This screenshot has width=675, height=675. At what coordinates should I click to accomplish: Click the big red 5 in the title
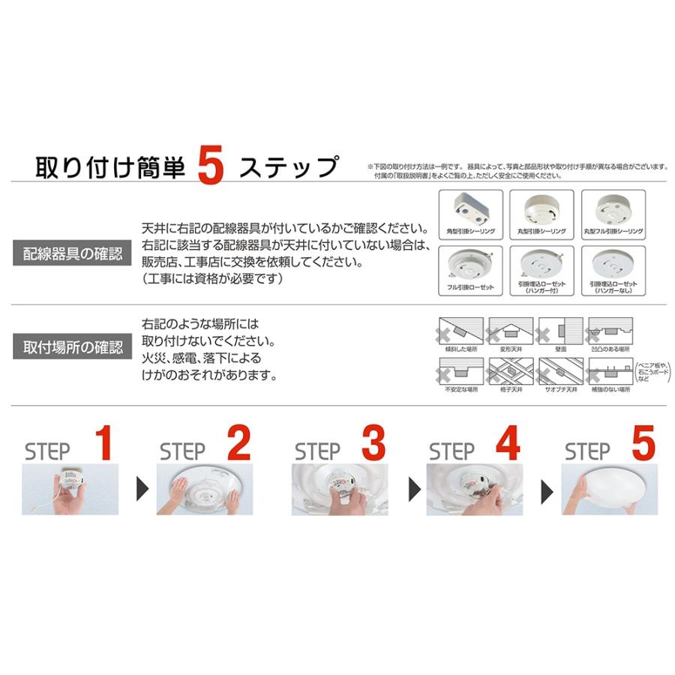tap(211, 167)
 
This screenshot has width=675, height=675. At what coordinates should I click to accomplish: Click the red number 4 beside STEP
tap(507, 444)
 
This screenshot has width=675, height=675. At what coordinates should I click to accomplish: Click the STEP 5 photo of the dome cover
tap(606, 489)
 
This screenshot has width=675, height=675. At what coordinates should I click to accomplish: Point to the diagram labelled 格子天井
tap(510, 370)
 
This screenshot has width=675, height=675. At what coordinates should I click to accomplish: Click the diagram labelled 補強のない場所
tap(610, 370)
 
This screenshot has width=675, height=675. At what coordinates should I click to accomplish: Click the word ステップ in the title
tap(289, 167)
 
